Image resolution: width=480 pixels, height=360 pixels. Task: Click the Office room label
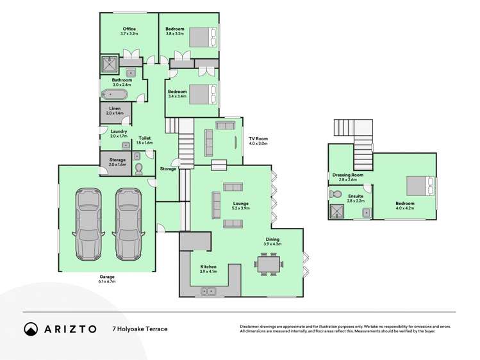129,29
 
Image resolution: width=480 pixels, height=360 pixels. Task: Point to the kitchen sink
208,291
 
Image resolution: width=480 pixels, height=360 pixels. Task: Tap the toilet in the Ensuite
336,193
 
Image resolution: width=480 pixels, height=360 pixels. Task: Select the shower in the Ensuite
337,211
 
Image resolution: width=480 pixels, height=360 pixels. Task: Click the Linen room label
115,109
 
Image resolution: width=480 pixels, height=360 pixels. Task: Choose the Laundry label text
118,131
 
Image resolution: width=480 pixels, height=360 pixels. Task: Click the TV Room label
258,138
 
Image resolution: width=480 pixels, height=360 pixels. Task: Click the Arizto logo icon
31,329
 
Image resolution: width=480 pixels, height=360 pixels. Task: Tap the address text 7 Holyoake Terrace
140,329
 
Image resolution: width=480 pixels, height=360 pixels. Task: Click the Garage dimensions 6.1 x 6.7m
107,281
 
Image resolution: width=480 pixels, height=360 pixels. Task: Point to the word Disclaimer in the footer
252,327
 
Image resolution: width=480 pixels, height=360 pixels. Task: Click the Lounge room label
241,204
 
